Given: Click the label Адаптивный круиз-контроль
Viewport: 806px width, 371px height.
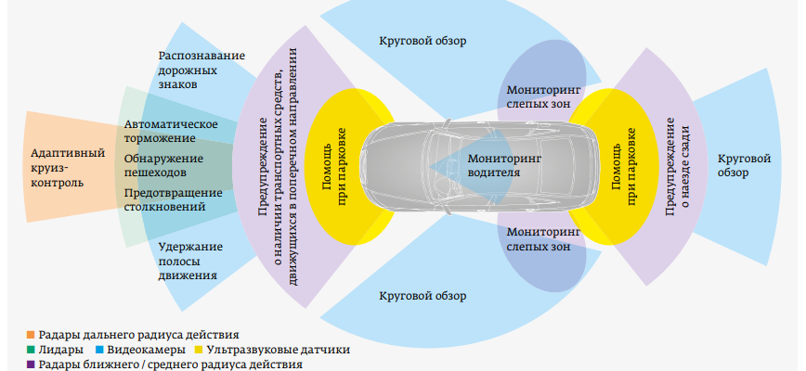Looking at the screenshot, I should (67, 167).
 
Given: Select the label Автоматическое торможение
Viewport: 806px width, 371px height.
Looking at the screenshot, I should (171, 132).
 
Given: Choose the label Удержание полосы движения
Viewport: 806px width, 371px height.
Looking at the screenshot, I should (189, 261).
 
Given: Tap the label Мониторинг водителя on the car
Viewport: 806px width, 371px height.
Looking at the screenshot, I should (505, 166).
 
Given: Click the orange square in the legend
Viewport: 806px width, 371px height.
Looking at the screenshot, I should (31, 334).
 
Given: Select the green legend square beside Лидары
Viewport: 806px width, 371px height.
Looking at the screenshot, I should (31, 350).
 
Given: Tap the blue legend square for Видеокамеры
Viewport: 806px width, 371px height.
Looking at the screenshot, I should (99, 350).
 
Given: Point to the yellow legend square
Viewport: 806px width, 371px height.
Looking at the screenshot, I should (198, 350).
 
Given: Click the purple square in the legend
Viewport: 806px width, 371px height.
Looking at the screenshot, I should (31, 365).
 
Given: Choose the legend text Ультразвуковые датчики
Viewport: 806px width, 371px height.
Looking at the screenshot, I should (278, 350).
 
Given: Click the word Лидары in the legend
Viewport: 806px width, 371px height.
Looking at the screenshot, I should (61, 350).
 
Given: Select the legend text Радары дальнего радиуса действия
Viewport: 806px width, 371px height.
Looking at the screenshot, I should (139, 334).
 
